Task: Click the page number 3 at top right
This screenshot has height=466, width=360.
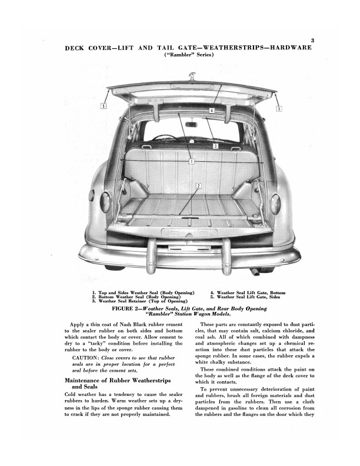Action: pyautogui.click(x=313, y=40)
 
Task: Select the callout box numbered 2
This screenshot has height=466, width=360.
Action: pyautogui.click(x=198, y=186)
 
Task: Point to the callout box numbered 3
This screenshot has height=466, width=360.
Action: pyautogui.click(x=216, y=145)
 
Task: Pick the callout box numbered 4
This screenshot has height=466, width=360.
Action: pyautogui.click(x=211, y=110)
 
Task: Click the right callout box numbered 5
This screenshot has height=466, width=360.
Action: pyautogui.click(x=279, y=108)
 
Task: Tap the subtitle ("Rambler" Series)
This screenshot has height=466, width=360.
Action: pyautogui.click(x=189, y=55)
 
